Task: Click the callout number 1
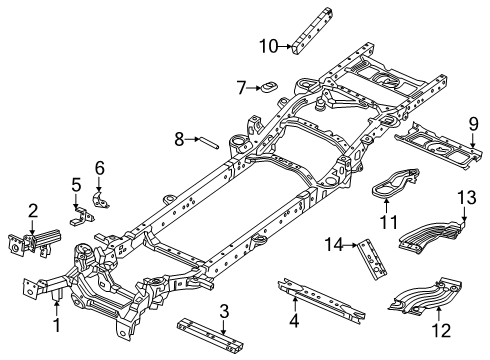coord(56,325)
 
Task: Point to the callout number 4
coord(294,321)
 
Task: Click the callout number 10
coord(268,45)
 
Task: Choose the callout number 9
coord(473,123)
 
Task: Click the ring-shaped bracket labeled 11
coord(398,184)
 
